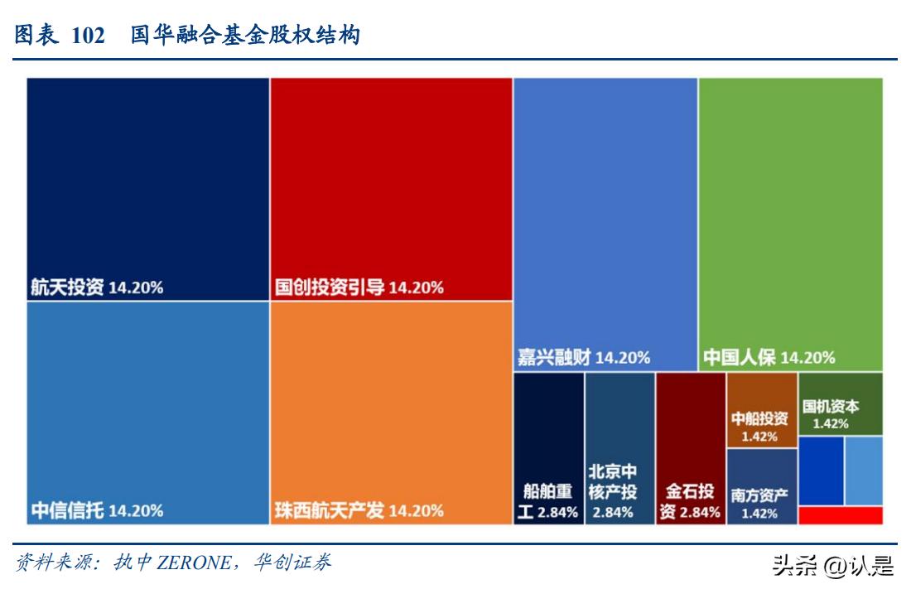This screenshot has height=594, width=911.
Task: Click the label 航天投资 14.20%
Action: (x=97, y=287)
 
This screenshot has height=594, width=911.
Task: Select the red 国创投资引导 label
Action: (x=359, y=287)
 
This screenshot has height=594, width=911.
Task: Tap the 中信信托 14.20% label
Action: (x=97, y=510)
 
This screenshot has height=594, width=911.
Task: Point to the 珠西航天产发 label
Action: (x=359, y=510)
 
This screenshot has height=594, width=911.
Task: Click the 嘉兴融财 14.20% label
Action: (x=583, y=358)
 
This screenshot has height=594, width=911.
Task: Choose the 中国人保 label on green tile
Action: (x=769, y=358)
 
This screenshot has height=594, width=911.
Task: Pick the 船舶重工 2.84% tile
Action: (x=548, y=448)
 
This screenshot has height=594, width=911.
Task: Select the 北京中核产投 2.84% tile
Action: (x=619, y=448)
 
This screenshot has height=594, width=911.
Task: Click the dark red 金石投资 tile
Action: (x=690, y=448)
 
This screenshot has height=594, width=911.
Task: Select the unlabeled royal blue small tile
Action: (x=821, y=471)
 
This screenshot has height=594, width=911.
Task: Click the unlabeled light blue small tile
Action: (x=864, y=471)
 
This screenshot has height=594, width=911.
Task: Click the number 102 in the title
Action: (x=88, y=36)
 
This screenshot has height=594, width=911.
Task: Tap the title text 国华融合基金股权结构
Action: (x=244, y=36)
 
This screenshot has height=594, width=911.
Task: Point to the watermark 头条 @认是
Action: (x=831, y=566)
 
